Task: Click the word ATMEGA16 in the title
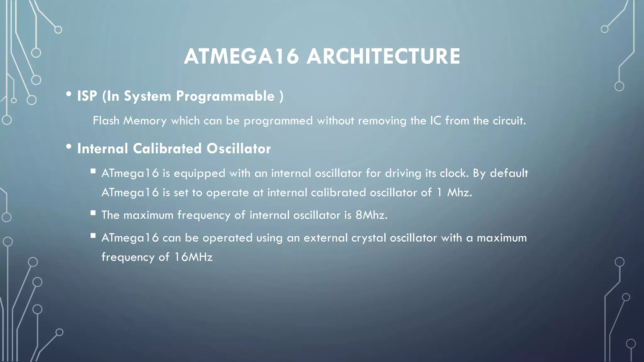point(241,57)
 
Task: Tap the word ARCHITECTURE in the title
point(383,57)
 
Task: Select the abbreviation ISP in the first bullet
point(87,96)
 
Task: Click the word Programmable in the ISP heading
point(225,96)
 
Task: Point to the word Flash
point(106,121)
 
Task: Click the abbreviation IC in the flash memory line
point(436,121)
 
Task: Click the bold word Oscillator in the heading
point(238,149)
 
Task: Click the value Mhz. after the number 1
point(459,192)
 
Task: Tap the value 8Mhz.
point(371,215)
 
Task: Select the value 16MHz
point(193,257)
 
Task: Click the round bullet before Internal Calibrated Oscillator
point(69,147)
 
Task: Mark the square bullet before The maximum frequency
point(93,213)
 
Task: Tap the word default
point(509,173)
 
